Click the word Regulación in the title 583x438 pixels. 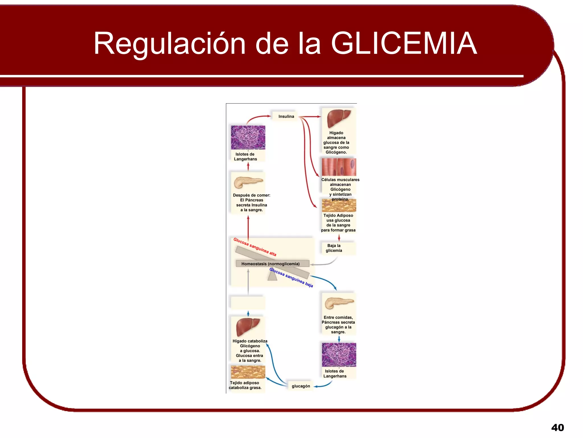click(169, 43)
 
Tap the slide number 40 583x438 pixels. click(557, 427)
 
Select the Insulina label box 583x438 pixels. click(286, 116)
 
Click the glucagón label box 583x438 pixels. click(301, 386)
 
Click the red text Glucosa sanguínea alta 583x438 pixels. click(255, 247)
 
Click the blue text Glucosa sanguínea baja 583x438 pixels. click(291, 277)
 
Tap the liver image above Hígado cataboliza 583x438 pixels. click(248, 327)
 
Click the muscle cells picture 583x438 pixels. click(339, 167)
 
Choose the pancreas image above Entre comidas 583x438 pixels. click(339, 303)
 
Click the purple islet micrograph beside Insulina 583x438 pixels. click(248, 137)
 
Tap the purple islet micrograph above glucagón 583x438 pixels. click(339, 355)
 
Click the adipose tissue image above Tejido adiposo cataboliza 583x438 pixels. click(248, 372)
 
